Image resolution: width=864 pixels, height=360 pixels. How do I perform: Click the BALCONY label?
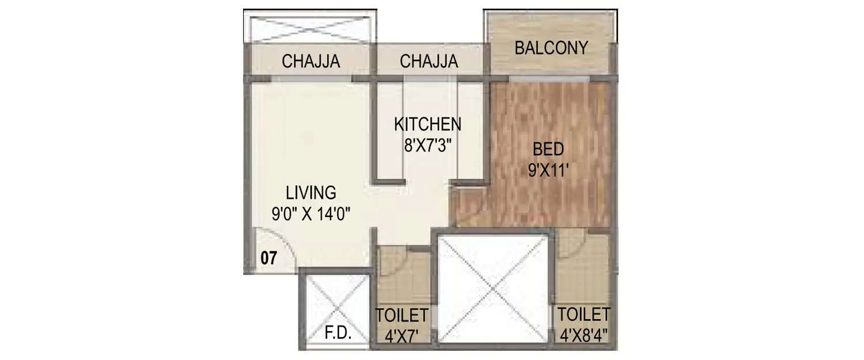pyautogui.click(x=551, y=48)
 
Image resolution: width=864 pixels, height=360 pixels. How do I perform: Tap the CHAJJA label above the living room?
pyautogui.click(x=311, y=61)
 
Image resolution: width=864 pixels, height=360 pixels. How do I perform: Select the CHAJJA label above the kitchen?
pyautogui.click(x=429, y=61)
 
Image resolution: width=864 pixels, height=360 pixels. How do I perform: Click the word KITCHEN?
pyautogui.click(x=427, y=124)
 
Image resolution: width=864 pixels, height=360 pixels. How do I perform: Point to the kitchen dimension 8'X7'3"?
pyautogui.click(x=427, y=145)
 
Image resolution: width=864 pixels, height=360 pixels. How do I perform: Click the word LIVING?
pyautogui.click(x=312, y=192)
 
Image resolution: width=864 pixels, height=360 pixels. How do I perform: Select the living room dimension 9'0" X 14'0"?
pyautogui.click(x=312, y=214)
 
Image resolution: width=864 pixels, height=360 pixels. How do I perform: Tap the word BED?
pyautogui.click(x=548, y=150)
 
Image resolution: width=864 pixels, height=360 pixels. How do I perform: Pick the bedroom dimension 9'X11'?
pyautogui.click(x=548, y=171)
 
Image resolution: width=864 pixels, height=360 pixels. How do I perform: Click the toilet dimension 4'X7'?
pyautogui.click(x=401, y=334)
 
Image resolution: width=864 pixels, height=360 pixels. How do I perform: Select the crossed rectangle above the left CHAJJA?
pyautogui.click(x=310, y=26)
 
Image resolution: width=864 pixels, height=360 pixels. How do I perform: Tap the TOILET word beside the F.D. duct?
pyautogui.click(x=401, y=315)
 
